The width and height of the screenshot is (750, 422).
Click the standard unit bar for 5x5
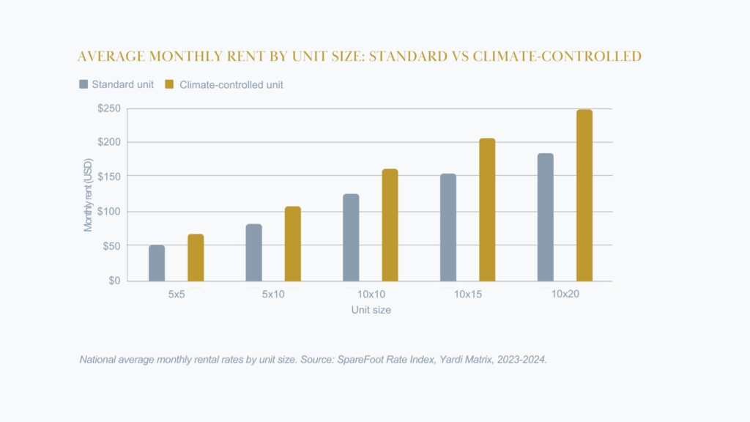click(x=157, y=263)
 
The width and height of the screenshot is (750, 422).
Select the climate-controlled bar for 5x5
click(x=196, y=258)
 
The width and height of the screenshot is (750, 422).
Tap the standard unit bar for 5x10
click(x=253, y=253)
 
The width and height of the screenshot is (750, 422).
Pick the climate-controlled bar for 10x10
click(x=390, y=225)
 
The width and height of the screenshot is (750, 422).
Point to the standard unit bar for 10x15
click(x=448, y=227)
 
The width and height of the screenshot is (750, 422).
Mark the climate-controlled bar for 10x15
click(x=487, y=210)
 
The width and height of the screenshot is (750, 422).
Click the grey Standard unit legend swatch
click(x=83, y=84)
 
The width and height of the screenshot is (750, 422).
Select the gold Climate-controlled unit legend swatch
click(x=169, y=84)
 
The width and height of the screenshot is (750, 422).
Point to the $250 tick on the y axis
click(x=109, y=108)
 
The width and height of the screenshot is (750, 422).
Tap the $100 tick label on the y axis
click(x=109, y=212)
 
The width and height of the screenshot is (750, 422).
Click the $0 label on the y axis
click(x=114, y=281)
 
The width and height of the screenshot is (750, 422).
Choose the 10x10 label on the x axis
click(x=371, y=295)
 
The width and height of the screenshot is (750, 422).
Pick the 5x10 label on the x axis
click(x=273, y=295)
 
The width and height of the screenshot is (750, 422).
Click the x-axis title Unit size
click(x=371, y=310)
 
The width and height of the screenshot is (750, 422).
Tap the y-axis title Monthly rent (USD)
click(x=89, y=195)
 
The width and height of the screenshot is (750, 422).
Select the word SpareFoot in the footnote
click(x=359, y=360)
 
